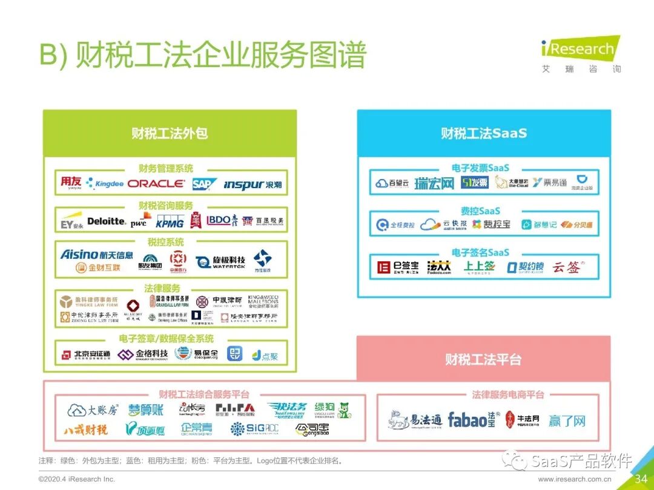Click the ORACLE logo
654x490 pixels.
156,183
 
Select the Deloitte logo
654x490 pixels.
107,221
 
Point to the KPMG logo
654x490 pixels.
170,223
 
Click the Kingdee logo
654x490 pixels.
105,183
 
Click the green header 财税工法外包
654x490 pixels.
170,133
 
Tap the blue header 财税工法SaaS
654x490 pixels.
483,133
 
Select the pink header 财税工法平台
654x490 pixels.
483,359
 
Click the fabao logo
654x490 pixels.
471,419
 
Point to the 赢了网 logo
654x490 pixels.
567,420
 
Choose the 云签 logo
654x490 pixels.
568,267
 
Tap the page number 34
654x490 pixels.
641,479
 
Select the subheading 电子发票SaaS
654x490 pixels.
480,168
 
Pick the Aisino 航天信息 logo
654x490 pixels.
97,255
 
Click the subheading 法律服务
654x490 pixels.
162,289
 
